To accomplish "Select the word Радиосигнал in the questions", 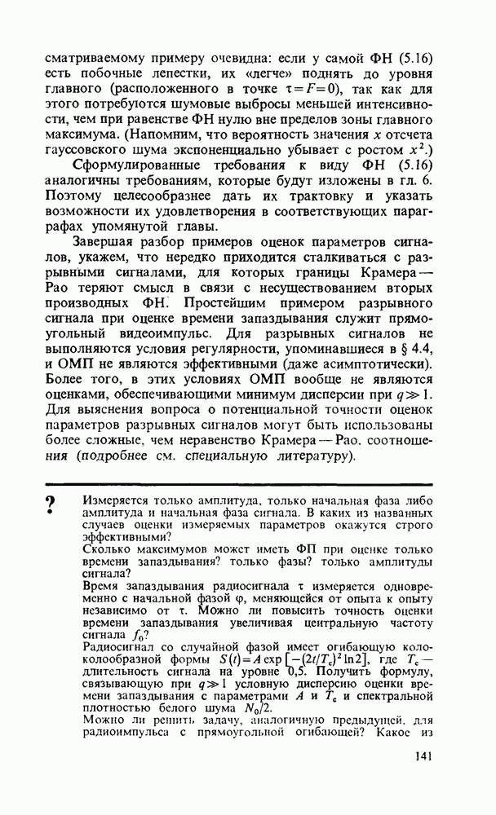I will [x=119, y=646].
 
